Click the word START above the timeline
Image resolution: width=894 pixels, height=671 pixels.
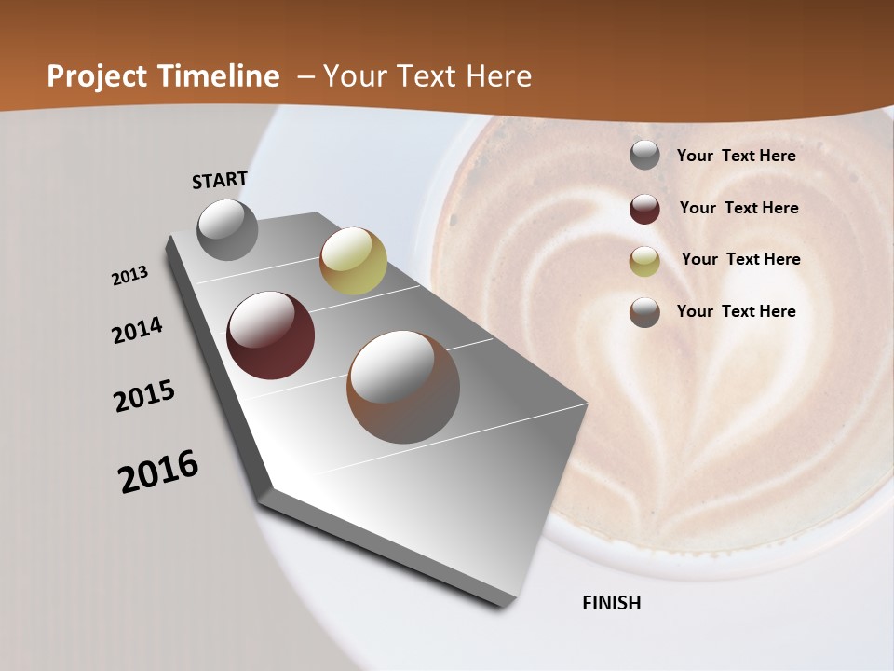pyautogui.click(x=220, y=179)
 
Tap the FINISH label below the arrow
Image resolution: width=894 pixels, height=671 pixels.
pyautogui.click(x=611, y=603)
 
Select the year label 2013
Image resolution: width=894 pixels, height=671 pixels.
pyautogui.click(x=130, y=276)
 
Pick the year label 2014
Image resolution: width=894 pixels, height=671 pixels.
pyautogui.click(x=137, y=330)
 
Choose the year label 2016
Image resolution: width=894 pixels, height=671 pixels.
pyautogui.click(x=158, y=471)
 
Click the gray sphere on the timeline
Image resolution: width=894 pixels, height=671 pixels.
pyautogui.click(x=228, y=229)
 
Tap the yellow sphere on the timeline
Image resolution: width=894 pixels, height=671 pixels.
pyautogui.click(x=353, y=260)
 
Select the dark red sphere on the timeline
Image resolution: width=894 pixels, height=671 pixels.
pyautogui.click(x=271, y=335)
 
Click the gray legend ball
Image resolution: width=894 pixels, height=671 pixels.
pyautogui.click(x=644, y=156)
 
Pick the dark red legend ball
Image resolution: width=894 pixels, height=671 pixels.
pyautogui.click(x=644, y=209)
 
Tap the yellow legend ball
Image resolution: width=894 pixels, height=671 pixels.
pyautogui.click(x=644, y=261)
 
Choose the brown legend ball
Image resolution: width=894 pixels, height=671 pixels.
pyautogui.click(x=644, y=312)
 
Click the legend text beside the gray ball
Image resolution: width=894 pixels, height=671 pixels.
pyautogui.click(x=736, y=156)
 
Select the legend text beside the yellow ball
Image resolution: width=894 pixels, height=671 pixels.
pyautogui.click(x=740, y=259)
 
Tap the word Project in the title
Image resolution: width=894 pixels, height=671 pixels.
pyautogui.click(x=96, y=76)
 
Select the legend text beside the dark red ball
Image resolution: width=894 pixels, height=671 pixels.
pyautogui.click(x=738, y=208)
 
